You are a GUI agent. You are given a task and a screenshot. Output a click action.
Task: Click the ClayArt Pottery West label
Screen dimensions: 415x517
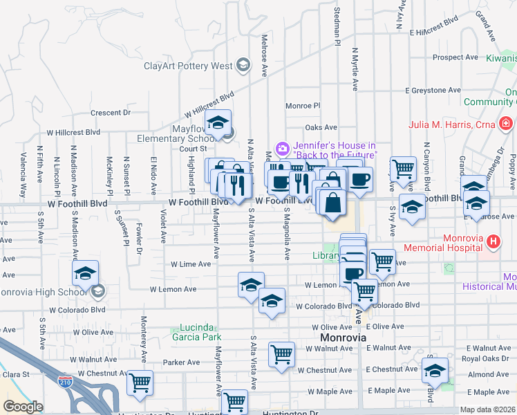point(187,66)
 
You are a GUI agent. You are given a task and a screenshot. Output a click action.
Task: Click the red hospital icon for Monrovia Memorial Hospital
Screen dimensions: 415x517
point(493,242)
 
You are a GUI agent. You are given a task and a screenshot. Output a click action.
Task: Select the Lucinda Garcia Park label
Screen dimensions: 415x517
point(190,332)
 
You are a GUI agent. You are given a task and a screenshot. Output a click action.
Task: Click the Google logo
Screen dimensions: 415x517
point(23,407)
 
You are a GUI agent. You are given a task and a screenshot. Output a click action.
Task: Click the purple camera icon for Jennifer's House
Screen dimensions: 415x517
point(282,149)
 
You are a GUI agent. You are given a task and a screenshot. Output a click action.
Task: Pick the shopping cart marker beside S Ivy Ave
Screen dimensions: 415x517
point(403,168)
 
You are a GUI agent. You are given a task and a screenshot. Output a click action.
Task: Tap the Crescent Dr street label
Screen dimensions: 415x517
point(111,112)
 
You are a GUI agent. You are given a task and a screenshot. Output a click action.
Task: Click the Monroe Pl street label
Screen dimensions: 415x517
point(303,106)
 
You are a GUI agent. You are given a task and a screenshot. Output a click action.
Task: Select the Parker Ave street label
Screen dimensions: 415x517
point(181,362)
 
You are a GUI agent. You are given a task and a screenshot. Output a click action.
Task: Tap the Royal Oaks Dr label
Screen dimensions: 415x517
point(485,358)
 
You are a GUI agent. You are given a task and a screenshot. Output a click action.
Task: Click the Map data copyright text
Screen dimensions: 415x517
point(487,409)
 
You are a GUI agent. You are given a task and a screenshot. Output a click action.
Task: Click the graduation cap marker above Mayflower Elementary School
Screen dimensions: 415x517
point(218,123)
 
